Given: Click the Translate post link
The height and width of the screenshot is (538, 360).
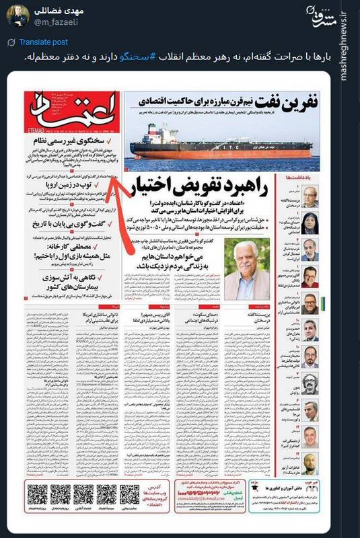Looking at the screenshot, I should (42, 42).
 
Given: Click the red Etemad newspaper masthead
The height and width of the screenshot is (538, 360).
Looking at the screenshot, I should (73, 110).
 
